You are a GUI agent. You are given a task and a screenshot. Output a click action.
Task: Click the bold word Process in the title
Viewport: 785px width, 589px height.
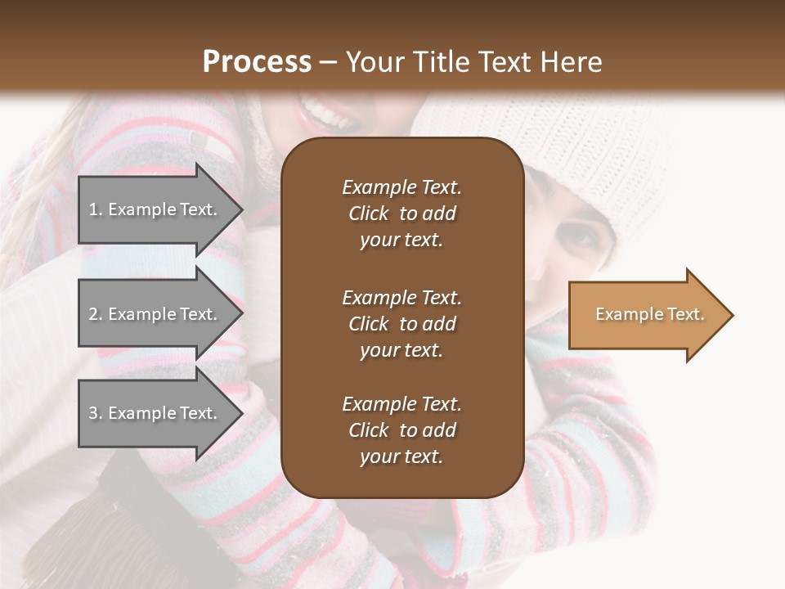(x=257, y=62)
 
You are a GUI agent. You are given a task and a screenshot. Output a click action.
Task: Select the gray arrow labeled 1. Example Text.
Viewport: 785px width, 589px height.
(x=155, y=209)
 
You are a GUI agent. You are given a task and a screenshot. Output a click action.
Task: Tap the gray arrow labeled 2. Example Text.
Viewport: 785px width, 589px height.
(x=155, y=314)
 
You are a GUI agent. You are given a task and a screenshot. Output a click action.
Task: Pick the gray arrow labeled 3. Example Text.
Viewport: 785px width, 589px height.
(x=155, y=413)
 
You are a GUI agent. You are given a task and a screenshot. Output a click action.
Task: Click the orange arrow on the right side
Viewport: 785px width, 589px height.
(x=646, y=315)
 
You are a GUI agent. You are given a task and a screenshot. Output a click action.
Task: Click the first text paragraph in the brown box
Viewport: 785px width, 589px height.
(x=401, y=214)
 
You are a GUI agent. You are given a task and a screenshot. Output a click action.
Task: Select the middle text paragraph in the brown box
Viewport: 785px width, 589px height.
(x=401, y=323)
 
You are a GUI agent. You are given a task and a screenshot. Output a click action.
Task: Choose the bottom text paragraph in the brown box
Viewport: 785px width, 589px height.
(x=401, y=430)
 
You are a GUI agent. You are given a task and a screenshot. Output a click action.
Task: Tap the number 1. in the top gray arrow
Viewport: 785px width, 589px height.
(x=96, y=209)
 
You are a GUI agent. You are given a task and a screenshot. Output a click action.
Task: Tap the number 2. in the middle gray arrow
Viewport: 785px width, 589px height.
(x=96, y=314)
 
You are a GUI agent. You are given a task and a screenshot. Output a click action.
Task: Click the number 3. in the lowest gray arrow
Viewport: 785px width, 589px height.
(x=96, y=413)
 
